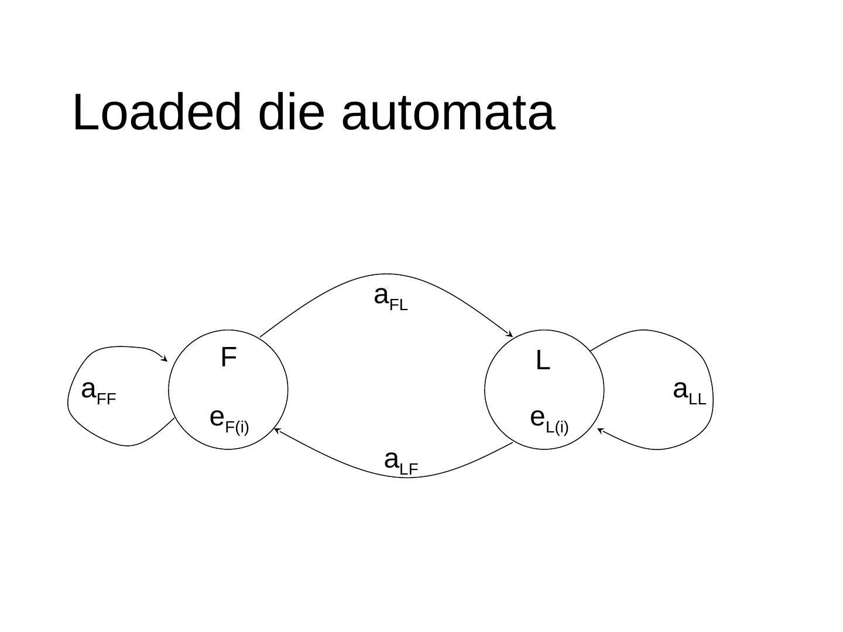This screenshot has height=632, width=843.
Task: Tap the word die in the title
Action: (x=291, y=112)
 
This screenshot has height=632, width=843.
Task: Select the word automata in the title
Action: (x=448, y=113)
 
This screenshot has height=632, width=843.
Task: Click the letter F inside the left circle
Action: (x=228, y=357)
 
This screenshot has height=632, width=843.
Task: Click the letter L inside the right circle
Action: (x=543, y=361)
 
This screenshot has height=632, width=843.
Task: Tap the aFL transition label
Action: (x=390, y=297)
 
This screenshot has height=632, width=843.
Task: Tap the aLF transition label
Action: (x=401, y=462)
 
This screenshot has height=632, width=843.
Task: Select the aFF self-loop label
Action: (x=98, y=391)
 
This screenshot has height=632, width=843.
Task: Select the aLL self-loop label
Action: (x=690, y=391)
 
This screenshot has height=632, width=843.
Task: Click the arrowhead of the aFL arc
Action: (x=510, y=335)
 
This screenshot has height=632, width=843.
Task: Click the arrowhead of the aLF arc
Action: (x=276, y=431)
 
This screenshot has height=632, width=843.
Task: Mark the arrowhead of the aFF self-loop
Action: (x=165, y=359)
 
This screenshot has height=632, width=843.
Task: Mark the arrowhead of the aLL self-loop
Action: (x=599, y=431)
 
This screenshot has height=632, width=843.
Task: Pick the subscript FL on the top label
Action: (x=398, y=305)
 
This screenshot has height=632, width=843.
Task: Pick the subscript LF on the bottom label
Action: (x=409, y=469)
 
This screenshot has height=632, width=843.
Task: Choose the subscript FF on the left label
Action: (x=106, y=400)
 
